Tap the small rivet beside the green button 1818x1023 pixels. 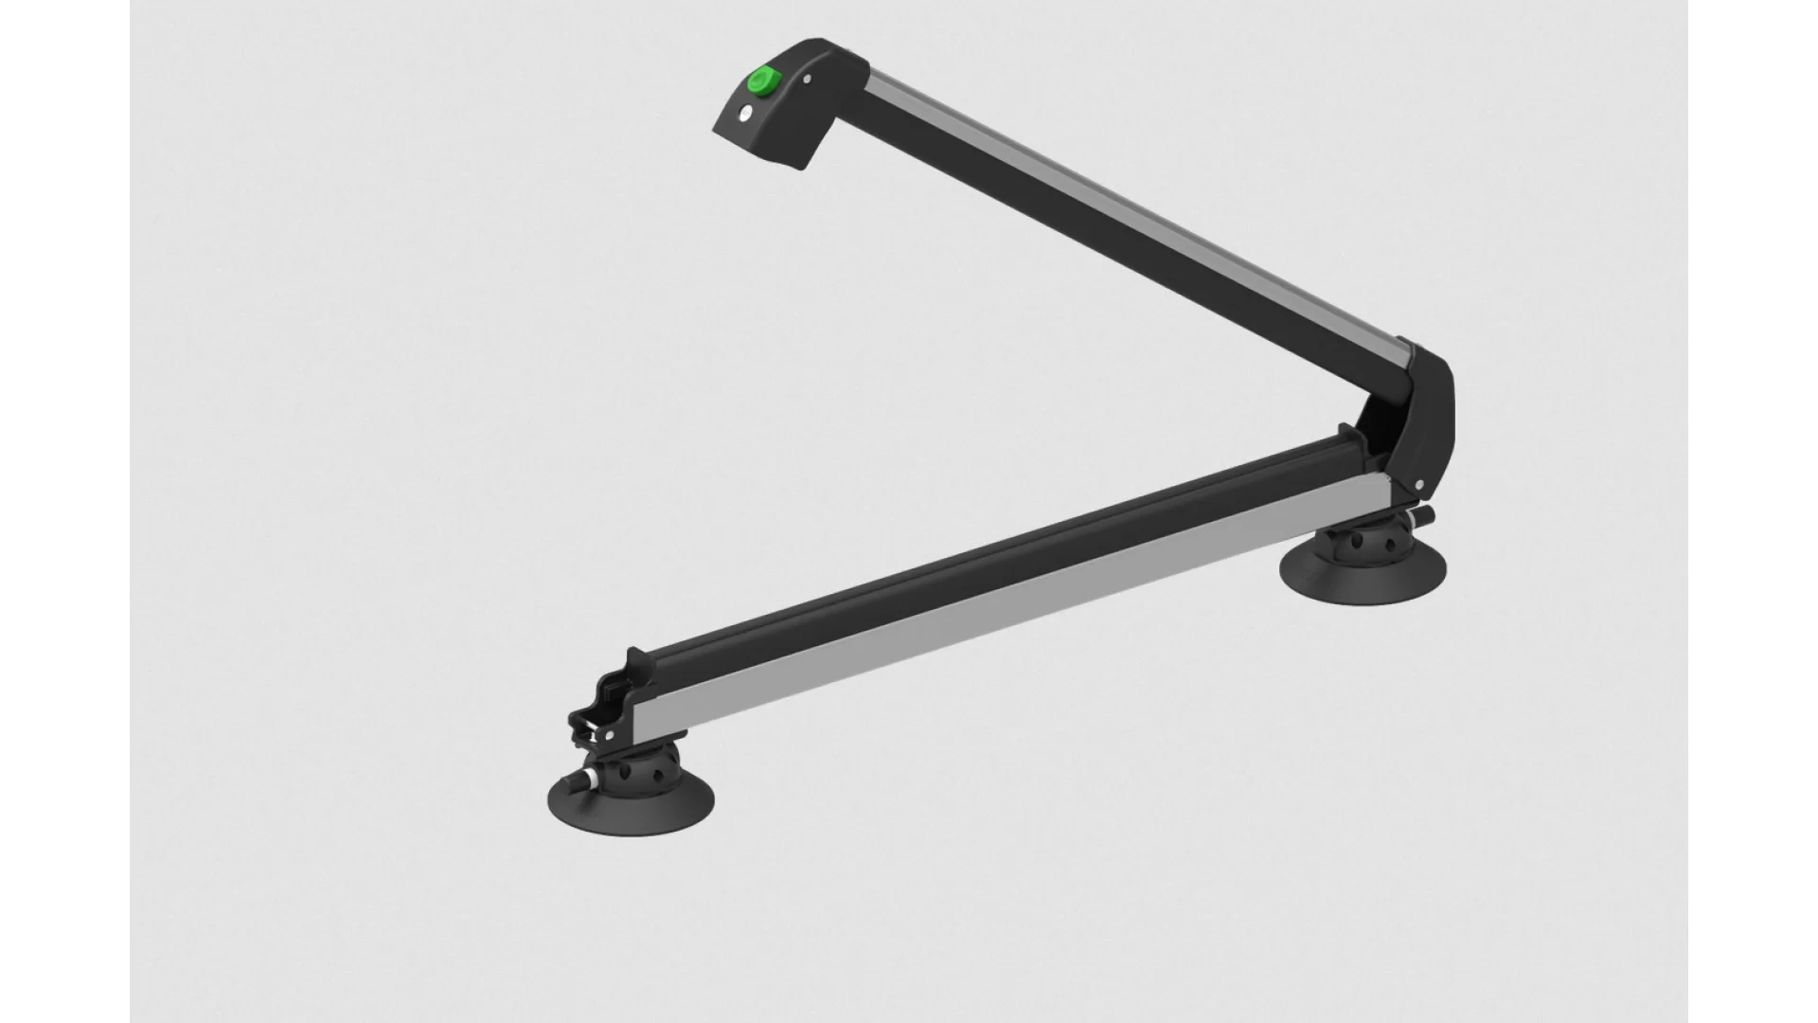click(806, 81)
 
